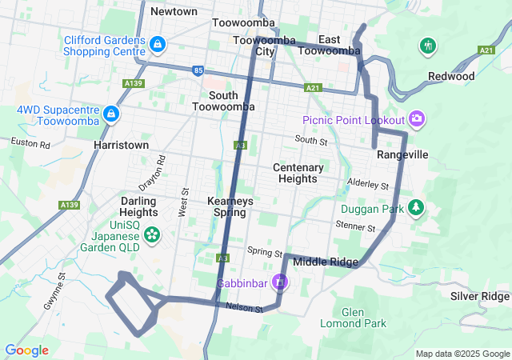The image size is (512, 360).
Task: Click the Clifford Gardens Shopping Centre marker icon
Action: coord(158,43)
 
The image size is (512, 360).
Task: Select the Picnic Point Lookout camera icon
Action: coord(416,120)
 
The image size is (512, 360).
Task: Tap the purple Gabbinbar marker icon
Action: coord(279,283)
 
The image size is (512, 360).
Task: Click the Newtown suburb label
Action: coord(174,11)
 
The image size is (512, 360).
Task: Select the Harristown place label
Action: coord(121,146)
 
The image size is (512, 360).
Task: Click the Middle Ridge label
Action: coord(326,262)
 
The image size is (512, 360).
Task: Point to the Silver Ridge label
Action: coord(479,296)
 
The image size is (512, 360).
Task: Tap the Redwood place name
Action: coord(451,76)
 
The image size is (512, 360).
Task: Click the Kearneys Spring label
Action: coord(230,206)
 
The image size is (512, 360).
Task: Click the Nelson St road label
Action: coord(244,307)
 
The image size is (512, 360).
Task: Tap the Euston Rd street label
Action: coord(30,143)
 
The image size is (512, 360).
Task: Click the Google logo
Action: coord(26,350)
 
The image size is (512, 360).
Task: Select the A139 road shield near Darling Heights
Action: coord(69,206)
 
